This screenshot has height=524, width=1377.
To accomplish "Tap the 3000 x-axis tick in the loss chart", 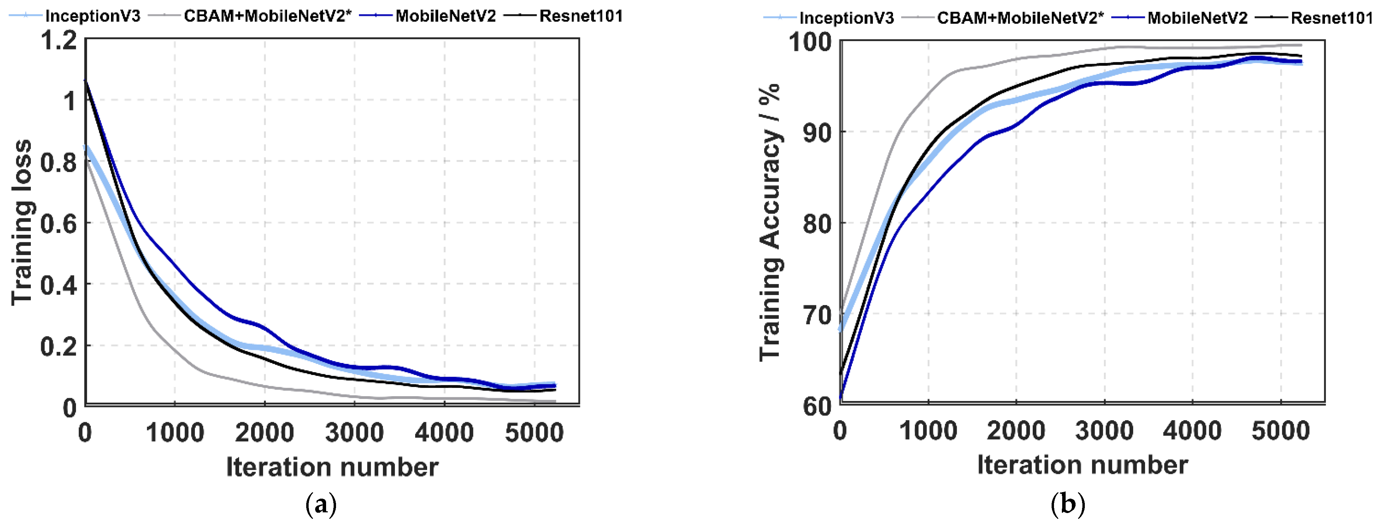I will point(355,432).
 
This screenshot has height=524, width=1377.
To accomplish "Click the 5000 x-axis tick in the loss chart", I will point(534,432).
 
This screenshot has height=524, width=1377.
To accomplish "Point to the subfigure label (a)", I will point(321,504).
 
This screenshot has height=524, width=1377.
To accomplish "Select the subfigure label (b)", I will point(1067,504).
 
